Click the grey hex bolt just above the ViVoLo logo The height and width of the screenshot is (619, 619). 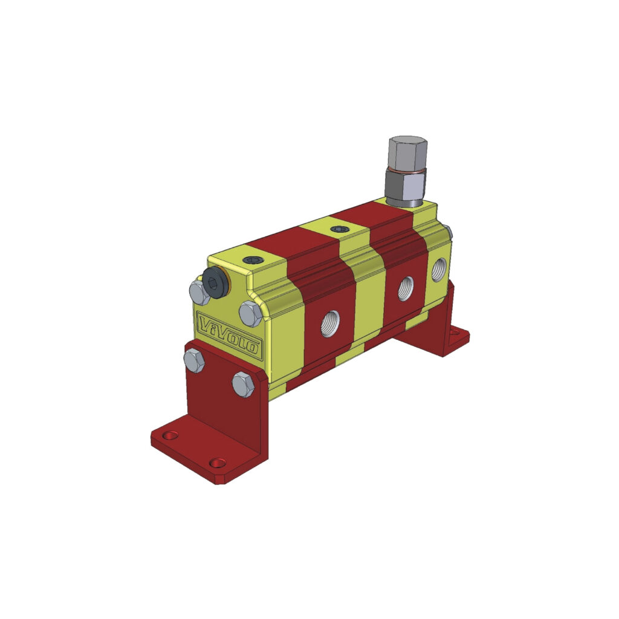(x=250, y=314)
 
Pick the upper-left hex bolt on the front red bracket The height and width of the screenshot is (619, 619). (x=194, y=362)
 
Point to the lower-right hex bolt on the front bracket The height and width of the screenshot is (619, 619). (x=243, y=384)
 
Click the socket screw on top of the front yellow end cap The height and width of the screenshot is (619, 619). (x=252, y=260)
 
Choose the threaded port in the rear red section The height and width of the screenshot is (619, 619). (x=406, y=288)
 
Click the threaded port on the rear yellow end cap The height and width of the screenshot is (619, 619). (x=438, y=269)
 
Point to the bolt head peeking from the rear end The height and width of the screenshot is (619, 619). (x=448, y=229)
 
